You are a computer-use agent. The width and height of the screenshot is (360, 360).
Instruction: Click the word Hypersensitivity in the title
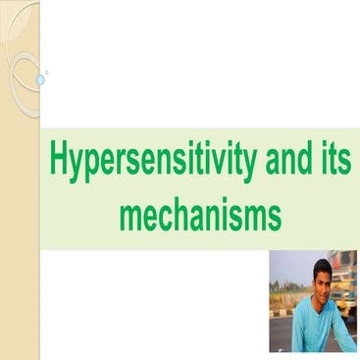tap(150, 161)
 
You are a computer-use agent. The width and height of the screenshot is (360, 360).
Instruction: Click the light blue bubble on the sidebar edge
tap(40, 77)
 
